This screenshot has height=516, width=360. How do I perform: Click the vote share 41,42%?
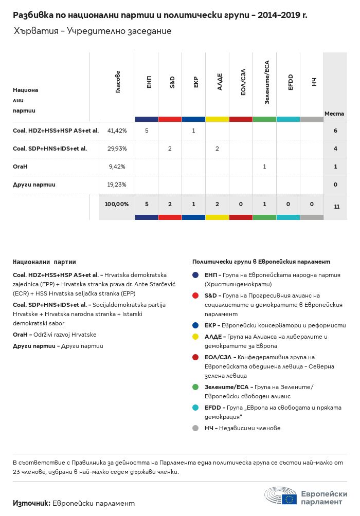point(117,131)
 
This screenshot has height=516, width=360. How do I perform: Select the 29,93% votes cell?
point(117,149)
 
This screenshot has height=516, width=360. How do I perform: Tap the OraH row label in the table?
point(20,167)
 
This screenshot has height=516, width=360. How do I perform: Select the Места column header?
point(334,113)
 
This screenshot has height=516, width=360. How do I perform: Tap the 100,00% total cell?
point(117,204)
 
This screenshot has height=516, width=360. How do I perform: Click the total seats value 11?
point(336,207)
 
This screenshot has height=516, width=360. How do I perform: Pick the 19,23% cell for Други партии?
point(117,185)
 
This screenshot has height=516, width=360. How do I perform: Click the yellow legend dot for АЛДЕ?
point(195,337)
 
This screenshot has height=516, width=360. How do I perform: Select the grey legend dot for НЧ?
point(195,428)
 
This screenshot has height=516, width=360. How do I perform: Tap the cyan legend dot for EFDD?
point(195,408)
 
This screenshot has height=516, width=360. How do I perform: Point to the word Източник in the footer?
point(31,503)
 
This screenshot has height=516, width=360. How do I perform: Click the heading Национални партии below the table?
point(44,262)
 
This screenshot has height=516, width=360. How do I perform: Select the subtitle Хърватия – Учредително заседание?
point(93,31)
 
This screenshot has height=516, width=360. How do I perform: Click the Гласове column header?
point(118,82)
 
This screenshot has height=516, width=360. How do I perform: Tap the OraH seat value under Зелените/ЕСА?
point(264,167)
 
